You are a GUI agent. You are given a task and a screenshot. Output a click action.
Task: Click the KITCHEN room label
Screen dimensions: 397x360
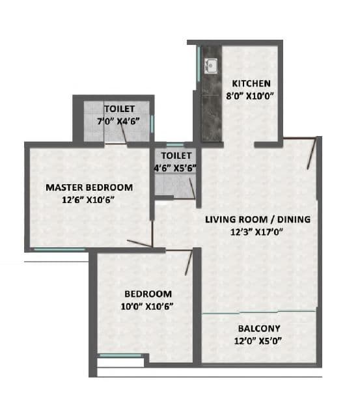[251, 83]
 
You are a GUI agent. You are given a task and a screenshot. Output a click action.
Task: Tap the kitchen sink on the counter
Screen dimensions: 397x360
[210, 65]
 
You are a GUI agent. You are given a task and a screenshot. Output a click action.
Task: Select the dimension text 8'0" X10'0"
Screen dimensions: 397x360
[251, 96]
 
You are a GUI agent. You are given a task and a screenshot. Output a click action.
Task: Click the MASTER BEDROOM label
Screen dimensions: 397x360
[89, 187]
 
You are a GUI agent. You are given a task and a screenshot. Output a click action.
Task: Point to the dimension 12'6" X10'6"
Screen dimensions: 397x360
[89, 200]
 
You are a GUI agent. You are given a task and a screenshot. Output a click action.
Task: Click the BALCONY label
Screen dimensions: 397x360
[259, 329]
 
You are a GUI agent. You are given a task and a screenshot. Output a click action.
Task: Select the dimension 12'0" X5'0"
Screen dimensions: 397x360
[259, 341]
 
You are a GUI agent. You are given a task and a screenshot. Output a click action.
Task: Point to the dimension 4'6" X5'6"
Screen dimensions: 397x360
[176, 168]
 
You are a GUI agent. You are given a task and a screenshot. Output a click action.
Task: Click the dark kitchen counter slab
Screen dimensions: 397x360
[210, 111]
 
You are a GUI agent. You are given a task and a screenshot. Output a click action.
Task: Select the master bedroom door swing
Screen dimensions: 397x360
[141, 244]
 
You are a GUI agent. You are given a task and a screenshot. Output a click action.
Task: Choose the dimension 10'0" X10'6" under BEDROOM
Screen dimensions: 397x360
[148, 305]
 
